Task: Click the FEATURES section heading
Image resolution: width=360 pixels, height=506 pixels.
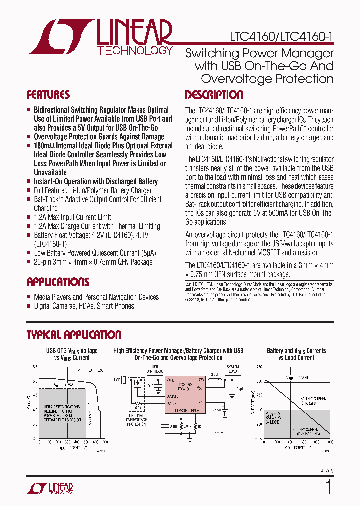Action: click(x=48, y=95)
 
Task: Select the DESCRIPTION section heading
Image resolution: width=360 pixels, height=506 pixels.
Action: click(x=214, y=95)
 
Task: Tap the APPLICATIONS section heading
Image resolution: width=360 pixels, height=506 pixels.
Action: click(x=58, y=282)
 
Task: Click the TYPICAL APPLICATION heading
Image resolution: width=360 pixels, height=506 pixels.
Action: click(x=74, y=335)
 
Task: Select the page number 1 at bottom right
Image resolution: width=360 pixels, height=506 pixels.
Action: click(x=328, y=487)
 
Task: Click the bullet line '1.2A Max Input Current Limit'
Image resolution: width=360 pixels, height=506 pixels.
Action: click(x=72, y=217)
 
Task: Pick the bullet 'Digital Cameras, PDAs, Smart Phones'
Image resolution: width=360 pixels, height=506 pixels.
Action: click(x=84, y=306)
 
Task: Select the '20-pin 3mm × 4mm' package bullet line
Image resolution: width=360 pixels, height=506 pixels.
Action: click(x=93, y=262)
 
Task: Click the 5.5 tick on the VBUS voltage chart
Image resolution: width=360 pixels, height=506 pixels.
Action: click(x=35, y=367)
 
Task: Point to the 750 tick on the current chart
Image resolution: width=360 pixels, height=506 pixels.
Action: click(x=258, y=367)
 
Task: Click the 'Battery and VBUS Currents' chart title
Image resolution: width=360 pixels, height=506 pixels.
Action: click(x=296, y=351)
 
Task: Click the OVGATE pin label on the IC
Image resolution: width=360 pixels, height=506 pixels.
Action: click(x=172, y=394)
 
